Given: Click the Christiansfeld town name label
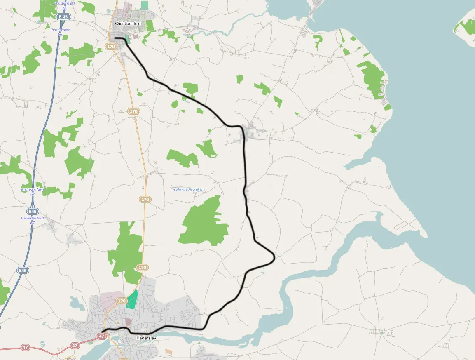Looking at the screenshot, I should [128, 24].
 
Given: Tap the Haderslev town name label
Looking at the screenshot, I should [146, 338].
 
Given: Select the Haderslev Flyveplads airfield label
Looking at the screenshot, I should [188, 190].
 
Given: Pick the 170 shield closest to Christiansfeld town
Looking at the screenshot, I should [111, 47].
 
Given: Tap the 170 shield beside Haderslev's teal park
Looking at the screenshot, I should [122, 301].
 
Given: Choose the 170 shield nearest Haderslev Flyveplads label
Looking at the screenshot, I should [145, 200].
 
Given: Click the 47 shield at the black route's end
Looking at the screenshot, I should [102, 336].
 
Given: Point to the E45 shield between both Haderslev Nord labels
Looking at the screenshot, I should [33, 212].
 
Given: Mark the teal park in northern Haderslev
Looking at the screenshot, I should [132, 300].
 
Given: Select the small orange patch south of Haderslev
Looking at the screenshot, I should [169, 352].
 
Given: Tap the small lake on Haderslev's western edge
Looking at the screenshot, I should [77, 304].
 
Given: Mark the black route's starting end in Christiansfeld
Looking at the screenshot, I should [115, 38].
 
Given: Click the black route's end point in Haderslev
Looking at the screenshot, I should [101, 332].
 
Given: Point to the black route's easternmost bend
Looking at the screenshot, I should [274, 258].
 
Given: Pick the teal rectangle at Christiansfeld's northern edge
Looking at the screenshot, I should [144, 5].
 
